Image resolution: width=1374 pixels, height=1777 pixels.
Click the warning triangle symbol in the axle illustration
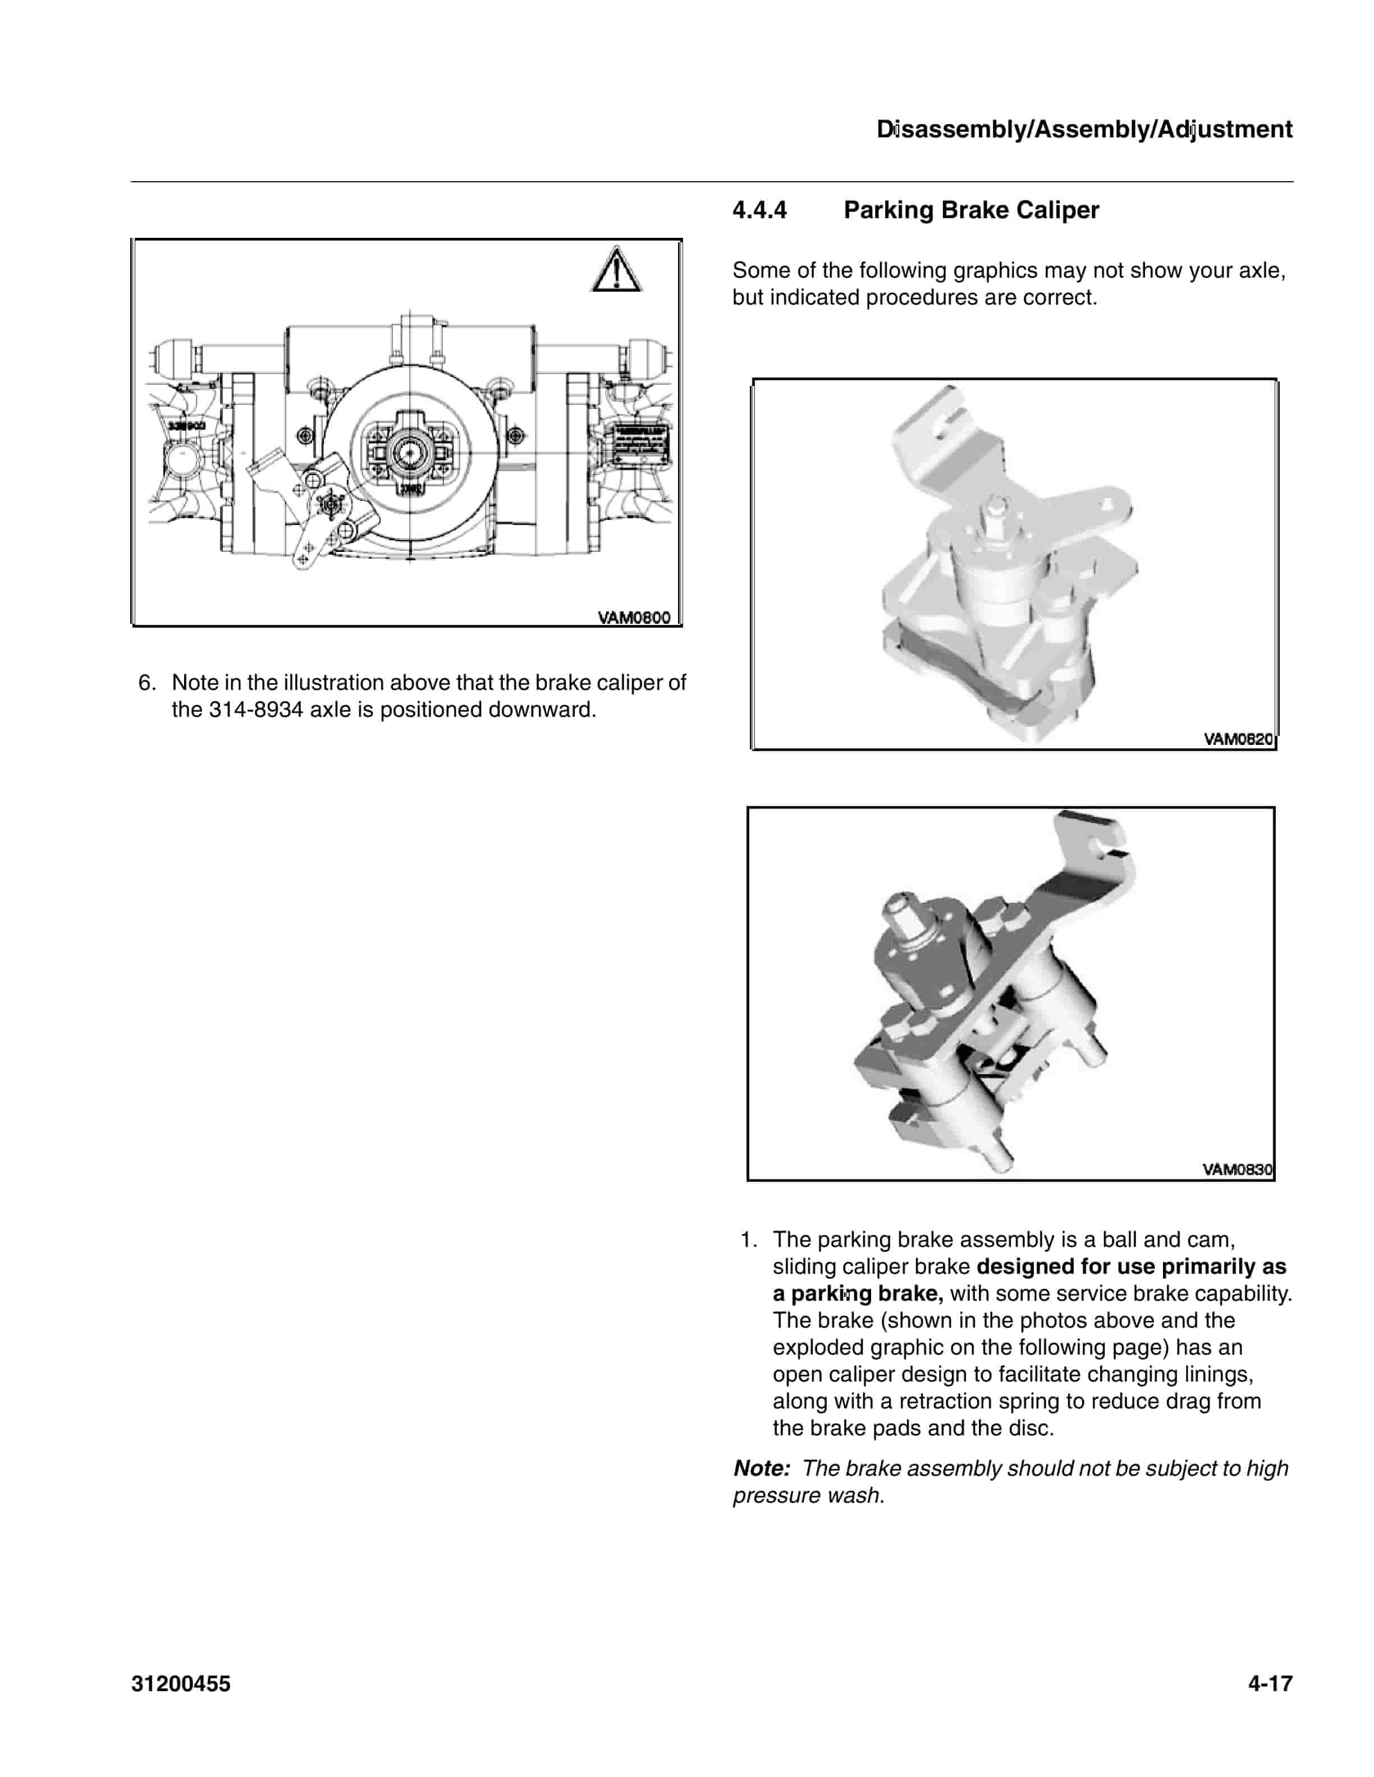[616, 271]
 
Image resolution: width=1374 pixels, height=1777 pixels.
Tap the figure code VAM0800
[634, 618]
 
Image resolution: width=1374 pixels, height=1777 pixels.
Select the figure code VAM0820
[1238, 739]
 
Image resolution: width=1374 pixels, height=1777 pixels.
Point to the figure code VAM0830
[1237, 1169]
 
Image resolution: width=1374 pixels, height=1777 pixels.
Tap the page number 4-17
[1270, 1683]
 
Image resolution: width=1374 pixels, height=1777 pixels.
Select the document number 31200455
[181, 1683]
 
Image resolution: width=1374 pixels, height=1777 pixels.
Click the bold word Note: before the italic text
[762, 1468]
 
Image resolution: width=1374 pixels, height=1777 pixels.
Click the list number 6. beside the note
[146, 683]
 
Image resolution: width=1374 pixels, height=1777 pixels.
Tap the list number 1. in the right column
[748, 1239]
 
